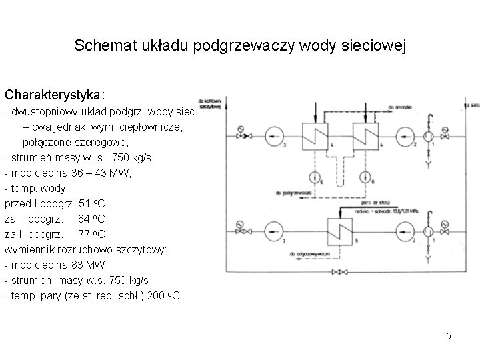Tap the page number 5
(x=449, y=336)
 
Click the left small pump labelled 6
(x=314, y=177)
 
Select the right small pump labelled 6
(x=366, y=177)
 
